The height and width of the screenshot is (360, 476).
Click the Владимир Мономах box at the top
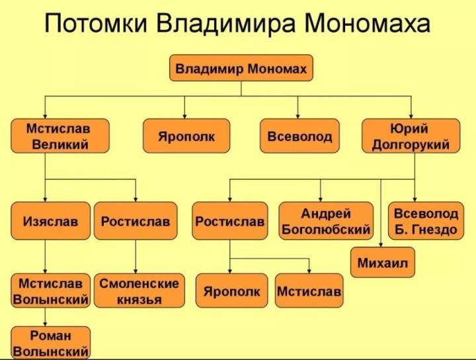pos(241,67)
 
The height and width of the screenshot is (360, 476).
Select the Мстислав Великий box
pos(59,136)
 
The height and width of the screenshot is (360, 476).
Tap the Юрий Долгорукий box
pos(411,136)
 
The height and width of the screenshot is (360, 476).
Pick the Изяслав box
pos(51,221)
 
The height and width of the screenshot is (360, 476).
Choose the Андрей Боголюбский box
pos(326,221)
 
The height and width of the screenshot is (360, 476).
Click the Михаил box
pos(383,262)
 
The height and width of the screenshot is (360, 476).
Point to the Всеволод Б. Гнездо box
pos(426,221)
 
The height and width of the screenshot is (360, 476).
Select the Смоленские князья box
pos(139,291)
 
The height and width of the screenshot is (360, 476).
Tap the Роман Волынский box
pos(51,343)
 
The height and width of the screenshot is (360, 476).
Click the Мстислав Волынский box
pos(51,291)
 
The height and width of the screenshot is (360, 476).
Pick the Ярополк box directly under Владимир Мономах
pos(186,136)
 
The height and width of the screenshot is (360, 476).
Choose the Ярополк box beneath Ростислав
pos(231,291)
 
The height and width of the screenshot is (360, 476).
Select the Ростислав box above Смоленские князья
pos(136,221)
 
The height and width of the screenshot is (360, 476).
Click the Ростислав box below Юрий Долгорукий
pos(230,221)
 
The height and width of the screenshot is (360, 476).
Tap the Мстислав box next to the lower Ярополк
pos(309,291)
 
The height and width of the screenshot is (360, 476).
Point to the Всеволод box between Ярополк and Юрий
pos(299,136)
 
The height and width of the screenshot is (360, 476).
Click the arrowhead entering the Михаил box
pos(381,245)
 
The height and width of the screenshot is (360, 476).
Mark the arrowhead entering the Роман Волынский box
pos(45,324)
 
